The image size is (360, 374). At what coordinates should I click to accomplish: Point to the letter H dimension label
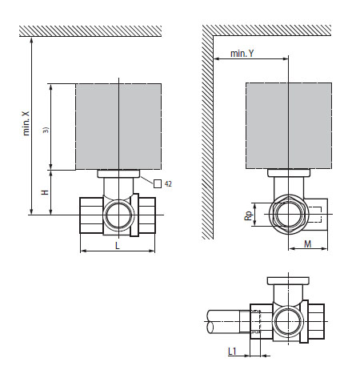[46, 193]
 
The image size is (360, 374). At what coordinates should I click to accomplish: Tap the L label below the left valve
[118, 245]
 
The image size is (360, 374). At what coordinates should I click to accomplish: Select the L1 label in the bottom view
[232, 351]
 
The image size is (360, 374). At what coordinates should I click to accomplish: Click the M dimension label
[307, 245]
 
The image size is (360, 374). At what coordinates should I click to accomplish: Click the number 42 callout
[169, 183]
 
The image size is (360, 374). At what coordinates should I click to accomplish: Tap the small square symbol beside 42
[157, 183]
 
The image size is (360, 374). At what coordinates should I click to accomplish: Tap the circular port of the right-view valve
[288, 214]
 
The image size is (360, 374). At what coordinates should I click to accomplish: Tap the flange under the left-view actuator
[118, 172]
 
